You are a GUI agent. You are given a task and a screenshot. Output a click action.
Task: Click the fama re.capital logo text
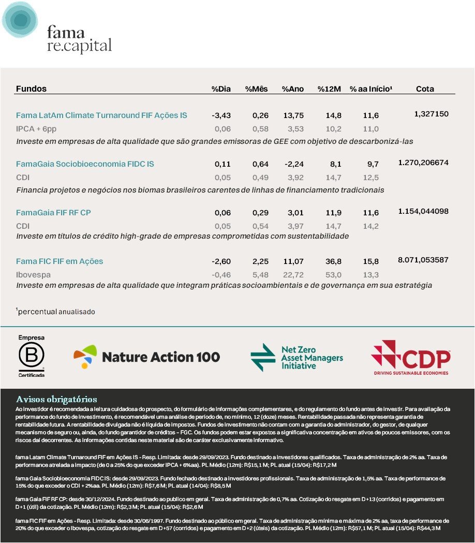[x=79, y=39]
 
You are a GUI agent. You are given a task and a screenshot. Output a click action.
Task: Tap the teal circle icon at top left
[x=20, y=19]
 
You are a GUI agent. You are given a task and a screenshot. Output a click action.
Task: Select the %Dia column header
[x=221, y=89]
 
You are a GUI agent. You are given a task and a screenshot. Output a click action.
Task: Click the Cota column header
[x=425, y=89]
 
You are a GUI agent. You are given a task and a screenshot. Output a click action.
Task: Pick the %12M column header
[x=330, y=89]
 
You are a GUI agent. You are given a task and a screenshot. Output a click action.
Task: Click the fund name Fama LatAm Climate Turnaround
[x=101, y=115]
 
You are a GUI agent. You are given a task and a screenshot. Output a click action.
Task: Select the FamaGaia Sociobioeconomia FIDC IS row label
[x=85, y=164]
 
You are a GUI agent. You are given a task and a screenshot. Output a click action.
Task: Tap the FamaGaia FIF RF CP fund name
[x=53, y=213]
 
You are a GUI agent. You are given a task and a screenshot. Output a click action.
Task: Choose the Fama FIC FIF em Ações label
[x=60, y=261]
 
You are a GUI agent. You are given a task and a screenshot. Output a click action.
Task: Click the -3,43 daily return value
[x=221, y=115]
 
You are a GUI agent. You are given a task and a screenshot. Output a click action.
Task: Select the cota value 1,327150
[x=431, y=114]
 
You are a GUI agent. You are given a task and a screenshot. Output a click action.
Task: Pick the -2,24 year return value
[x=293, y=164]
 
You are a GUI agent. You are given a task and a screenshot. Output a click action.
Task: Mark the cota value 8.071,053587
[x=423, y=260]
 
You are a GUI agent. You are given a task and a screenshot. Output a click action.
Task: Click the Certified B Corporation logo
[x=32, y=356]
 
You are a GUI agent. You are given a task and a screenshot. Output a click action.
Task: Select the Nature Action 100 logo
[x=147, y=357]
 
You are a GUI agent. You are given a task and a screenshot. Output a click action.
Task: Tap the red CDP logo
[x=410, y=357]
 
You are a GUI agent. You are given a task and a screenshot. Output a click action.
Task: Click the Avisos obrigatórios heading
[x=56, y=399]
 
